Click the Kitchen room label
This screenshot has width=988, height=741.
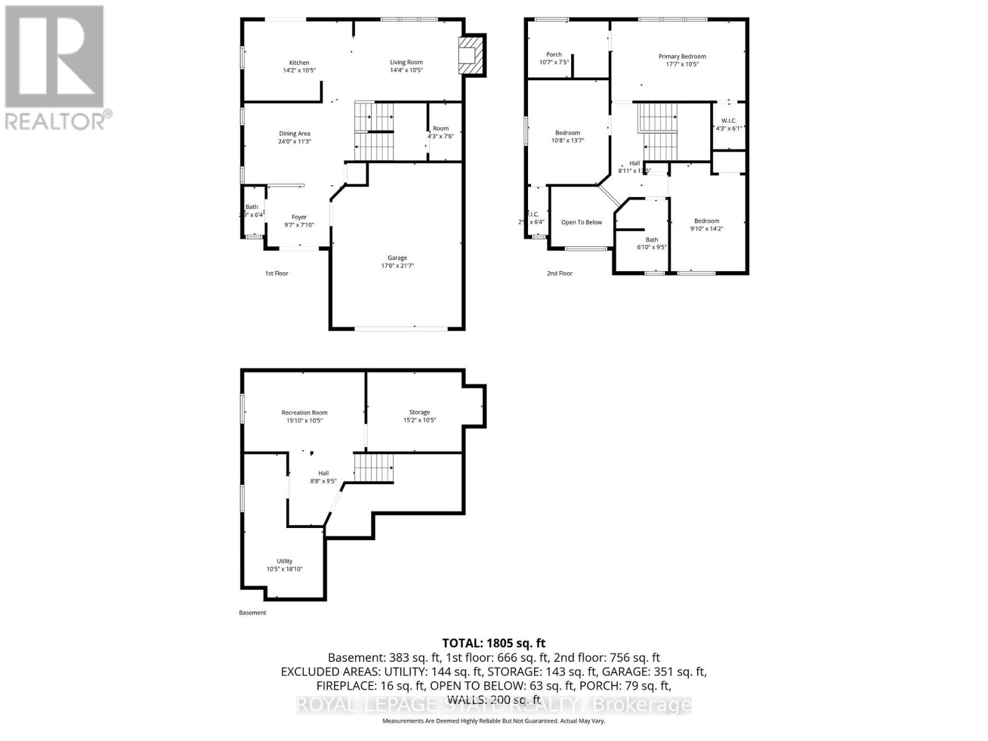tap(299, 63)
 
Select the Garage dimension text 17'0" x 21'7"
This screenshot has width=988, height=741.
tap(397, 266)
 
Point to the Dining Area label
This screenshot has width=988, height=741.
tap(295, 133)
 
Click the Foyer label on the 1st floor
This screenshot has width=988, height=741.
tap(299, 217)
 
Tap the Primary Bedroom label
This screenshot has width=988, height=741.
tap(682, 57)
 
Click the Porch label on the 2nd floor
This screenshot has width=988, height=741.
tap(554, 55)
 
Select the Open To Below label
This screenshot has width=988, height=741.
tap(581, 222)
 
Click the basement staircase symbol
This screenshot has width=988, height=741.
tap(374, 468)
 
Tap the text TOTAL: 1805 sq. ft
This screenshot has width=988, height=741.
tap(493, 643)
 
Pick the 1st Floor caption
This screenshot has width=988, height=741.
tap(277, 273)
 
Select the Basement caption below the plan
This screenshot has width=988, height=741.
tap(253, 613)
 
